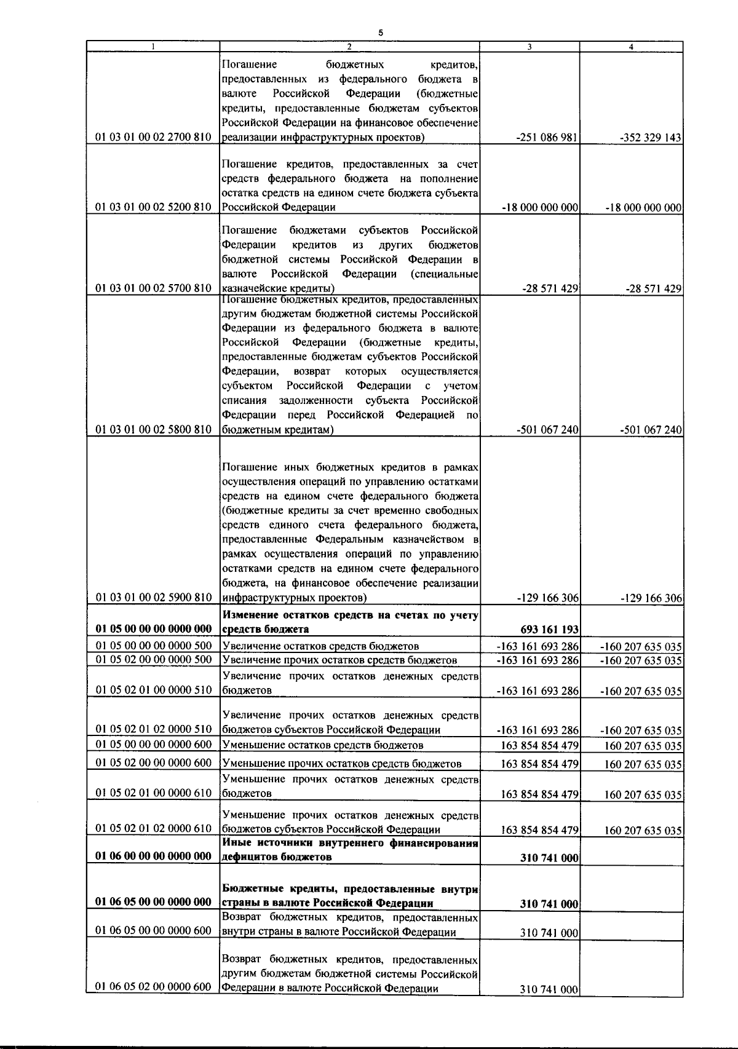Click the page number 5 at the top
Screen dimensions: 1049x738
(x=381, y=33)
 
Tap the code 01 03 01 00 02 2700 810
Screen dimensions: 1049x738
(x=153, y=137)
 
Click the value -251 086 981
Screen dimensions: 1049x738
(x=547, y=138)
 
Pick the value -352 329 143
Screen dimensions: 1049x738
(x=651, y=138)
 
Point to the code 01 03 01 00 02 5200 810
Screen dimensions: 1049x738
(x=153, y=207)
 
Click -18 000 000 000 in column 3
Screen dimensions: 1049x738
(x=541, y=208)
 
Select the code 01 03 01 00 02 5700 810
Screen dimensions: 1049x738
(x=153, y=288)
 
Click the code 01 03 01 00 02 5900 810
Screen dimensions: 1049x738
(x=153, y=597)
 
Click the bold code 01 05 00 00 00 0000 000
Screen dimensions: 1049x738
(x=153, y=628)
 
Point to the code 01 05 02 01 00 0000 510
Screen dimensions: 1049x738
(x=153, y=690)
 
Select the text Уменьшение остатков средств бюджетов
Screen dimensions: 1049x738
(x=322, y=745)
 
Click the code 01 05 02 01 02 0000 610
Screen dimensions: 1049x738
(x=153, y=828)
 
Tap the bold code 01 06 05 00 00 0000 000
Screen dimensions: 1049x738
(x=153, y=902)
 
